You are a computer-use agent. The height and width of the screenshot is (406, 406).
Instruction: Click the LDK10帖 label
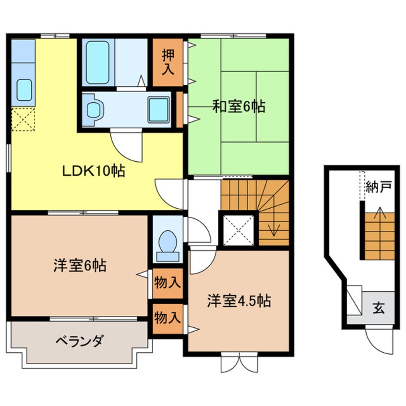pyautogui.click(x=93, y=171)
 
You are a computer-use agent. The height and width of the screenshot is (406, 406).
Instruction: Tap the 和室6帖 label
pyautogui.click(x=239, y=107)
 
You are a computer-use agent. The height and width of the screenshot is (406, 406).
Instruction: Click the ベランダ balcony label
pyautogui.click(x=79, y=342)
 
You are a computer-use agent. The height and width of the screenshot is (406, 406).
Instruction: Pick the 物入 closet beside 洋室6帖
pyautogui.click(x=167, y=283)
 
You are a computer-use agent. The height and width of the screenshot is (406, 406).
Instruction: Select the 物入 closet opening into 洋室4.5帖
pyautogui.click(x=167, y=317)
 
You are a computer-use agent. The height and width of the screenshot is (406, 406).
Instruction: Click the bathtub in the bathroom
pyautogui.click(x=98, y=63)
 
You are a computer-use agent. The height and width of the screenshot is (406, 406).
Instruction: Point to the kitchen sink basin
pyautogui.click(x=24, y=90)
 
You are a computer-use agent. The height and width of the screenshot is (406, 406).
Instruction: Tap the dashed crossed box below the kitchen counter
pyautogui.click(x=24, y=119)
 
